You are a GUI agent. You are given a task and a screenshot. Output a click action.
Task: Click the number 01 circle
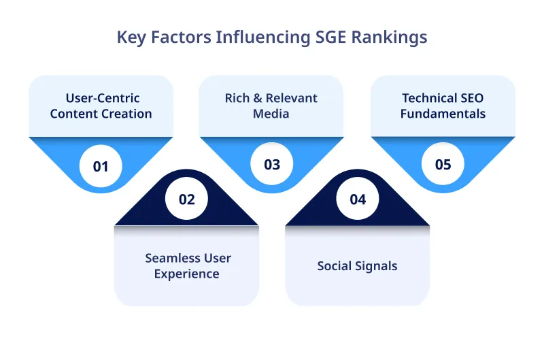click(101, 165)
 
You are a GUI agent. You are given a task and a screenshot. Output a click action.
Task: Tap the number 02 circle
click(186, 199)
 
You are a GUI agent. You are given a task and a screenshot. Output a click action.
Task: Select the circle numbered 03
click(272, 165)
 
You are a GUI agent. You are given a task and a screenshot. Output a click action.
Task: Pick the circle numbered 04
click(358, 199)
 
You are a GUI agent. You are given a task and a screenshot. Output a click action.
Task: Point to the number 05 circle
click(443, 165)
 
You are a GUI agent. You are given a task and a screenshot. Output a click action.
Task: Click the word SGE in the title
click(324, 37)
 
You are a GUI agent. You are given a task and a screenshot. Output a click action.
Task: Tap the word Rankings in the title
click(389, 37)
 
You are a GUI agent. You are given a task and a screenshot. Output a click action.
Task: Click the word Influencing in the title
click(254, 37)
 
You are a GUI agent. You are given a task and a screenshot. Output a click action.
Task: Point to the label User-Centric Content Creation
click(101, 105)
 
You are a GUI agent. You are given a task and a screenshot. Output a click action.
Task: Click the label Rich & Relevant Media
click(271, 105)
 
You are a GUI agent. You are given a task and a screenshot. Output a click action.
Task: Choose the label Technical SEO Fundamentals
click(443, 105)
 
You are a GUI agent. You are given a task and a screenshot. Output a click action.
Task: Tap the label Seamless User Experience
click(187, 266)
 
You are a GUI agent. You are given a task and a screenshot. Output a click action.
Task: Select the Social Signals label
click(357, 265)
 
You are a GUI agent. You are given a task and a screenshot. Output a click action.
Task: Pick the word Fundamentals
click(443, 114)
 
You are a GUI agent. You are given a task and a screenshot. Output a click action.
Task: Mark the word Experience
click(187, 274)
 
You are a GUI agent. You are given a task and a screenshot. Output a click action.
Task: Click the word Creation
click(126, 114)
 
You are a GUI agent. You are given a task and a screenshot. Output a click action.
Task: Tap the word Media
click(271, 114)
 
